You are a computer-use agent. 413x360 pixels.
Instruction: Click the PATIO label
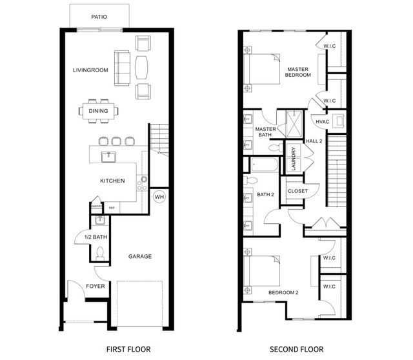click(x=99, y=17)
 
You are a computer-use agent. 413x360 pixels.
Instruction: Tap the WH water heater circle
click(x=159, y=197)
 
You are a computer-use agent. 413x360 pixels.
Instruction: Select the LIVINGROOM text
click(x=89, y=70)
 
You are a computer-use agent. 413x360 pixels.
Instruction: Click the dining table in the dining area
click(x=98, y=111)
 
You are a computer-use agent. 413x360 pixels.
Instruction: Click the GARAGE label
click(x=139, y=256)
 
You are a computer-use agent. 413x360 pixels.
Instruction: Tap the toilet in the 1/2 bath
click(x=99, y=254)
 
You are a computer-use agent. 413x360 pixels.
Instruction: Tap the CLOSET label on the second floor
click(x=297, y=191)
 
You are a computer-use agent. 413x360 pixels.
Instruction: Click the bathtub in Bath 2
click(x=263, y=166)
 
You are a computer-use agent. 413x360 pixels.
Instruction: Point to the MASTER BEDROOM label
click(x=299, y=72)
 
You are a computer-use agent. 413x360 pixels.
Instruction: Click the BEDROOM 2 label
click(x=283, y=293)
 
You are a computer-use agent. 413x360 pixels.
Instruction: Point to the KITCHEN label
click(x=112, y=181)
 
